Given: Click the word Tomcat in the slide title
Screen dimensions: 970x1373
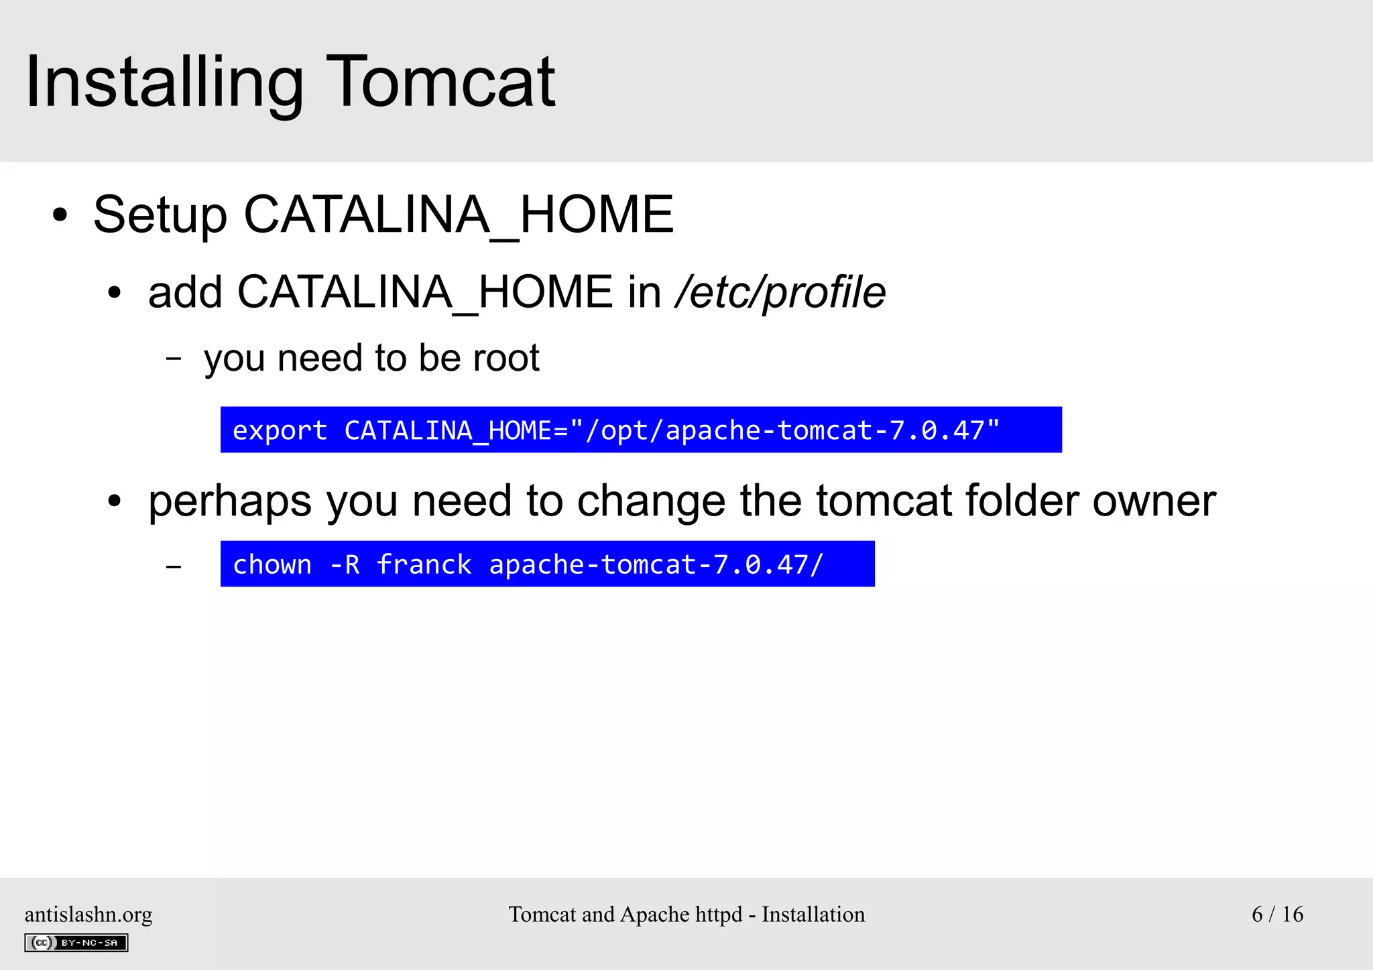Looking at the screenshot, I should [440, 82].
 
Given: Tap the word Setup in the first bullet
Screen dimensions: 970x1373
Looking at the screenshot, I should [160, 215].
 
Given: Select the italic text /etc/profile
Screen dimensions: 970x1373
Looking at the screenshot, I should [780, 293].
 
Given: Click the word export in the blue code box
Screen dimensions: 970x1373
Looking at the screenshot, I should [280, 430].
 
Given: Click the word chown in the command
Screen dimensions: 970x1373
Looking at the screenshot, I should [272, 564].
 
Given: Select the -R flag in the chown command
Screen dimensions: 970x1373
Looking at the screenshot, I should [345, 564].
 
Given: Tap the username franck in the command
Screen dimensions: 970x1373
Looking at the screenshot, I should [424, 564].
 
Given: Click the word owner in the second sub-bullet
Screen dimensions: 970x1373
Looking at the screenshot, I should [1154, 501].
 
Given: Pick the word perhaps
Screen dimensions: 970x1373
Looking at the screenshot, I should [230, 502].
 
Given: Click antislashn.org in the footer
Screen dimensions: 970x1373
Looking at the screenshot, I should [88, 914].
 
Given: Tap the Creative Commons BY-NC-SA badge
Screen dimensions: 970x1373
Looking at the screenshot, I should [76, 943].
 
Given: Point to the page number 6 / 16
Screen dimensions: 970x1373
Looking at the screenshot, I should [1277, 914].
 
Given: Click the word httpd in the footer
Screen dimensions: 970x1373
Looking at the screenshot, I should [719, 914].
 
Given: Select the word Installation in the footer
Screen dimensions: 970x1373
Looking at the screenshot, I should [813, 914].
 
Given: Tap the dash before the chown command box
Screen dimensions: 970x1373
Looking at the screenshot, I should [174, 567].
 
